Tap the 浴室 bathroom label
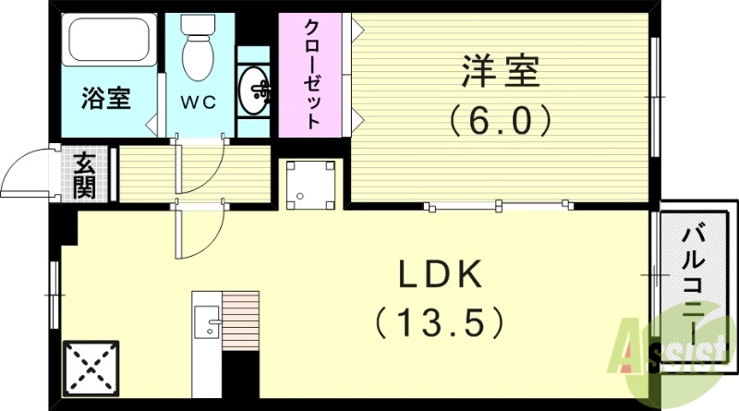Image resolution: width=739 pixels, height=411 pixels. point(106,98)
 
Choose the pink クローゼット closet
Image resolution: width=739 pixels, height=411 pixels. point(313,75)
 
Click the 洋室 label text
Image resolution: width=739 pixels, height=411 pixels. point(500,70)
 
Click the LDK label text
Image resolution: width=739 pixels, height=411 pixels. point(439,275)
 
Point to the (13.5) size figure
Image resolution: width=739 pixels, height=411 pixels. point(440,322)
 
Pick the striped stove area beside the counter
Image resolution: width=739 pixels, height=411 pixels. point(241,320)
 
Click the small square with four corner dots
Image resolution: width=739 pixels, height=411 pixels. point(310,183)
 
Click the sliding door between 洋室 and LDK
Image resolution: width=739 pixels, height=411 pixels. point(499,205)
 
